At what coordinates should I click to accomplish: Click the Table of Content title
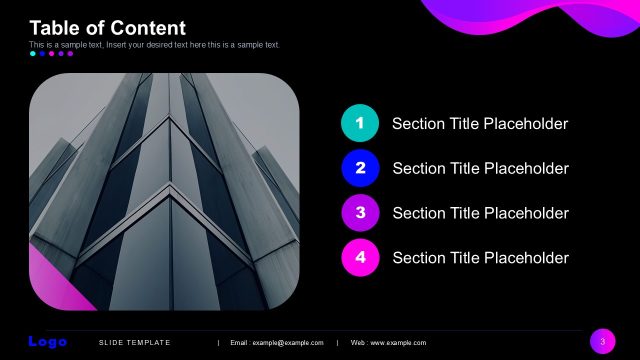pyautogui.click(x=108, y=28)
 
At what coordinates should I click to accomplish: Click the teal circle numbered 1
pyautogui.click(x=360, y=123)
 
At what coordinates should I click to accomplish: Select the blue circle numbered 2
pyautogui.click(x=360, y=168)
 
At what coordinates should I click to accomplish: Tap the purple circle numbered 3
pyautogui.click(x=360, y=213)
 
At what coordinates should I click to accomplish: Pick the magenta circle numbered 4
pyautogui.click(x=360, y=258)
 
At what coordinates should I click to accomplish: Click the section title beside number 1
pyautogui.click(x=480, y=124)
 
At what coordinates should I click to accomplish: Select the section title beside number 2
pyautogui.click(x=480, y=169)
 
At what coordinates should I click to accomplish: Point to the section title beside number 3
pyautogui.click(x=480, y=213)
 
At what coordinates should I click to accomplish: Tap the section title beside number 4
pyautogui.click(x=480, y=258)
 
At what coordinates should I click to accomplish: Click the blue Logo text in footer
pyautogui.click(x=48, y=342)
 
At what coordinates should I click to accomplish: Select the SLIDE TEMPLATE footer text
pyautogui.click(x=135, y=343)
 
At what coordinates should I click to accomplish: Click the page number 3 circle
pyautogui.click(x=602, y=342)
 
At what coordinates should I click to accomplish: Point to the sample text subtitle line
pyautogui.click(x=155, y=45)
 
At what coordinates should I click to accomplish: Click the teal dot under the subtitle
pyautogui.click(x=33, y=54)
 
